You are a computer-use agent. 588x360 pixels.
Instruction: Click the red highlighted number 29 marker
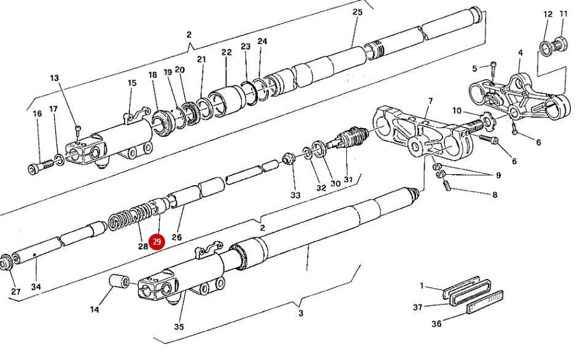(157, 242)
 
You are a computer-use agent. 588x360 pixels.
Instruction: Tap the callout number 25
(358, 12)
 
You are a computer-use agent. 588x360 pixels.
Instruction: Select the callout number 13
(55, 78)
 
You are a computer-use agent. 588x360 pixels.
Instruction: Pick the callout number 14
(95, 310)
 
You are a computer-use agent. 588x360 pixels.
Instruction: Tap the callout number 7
(430, 100)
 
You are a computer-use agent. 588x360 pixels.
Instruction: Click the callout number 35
(179, 327)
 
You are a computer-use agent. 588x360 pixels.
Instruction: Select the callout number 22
(226, 53)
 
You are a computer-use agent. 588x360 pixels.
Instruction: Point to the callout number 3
(300, 313)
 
